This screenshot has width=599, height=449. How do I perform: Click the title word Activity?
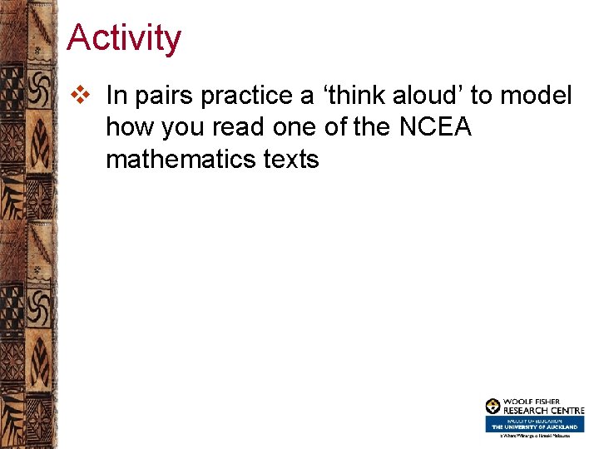coord(123,38)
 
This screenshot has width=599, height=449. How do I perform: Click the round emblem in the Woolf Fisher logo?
coord(493,407)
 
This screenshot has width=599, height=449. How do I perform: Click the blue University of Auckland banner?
coord(535,423)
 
